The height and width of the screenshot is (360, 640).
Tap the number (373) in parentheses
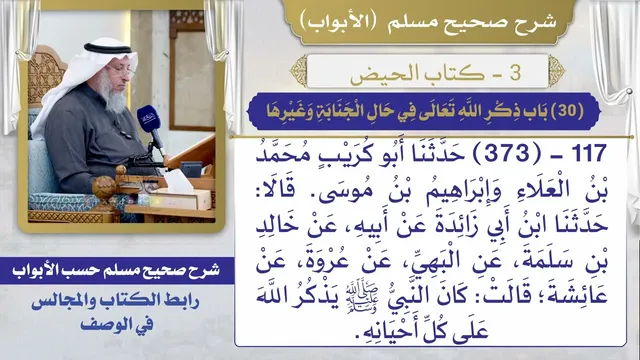(502, 153)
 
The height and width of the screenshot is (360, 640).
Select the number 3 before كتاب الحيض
(515, 73)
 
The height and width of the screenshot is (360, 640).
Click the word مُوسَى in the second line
(346, 191)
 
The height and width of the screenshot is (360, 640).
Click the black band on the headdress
(108, 49)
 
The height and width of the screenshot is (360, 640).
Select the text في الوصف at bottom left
(117, 325)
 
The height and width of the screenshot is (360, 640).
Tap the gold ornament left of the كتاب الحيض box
(299, 71)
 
